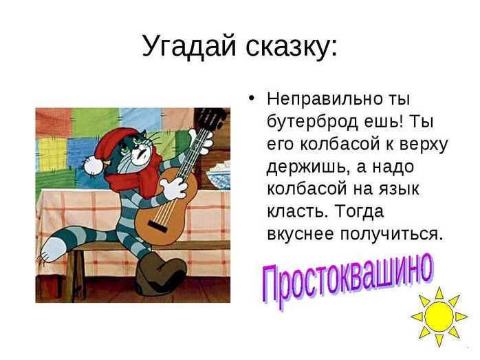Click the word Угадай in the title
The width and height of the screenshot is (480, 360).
pyautogui.click(x=189, y=46)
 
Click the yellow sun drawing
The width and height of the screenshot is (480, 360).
pyautogui.click(x=439, y=317)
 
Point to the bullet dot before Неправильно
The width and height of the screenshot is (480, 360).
pyautogui.click(x=251, y=98)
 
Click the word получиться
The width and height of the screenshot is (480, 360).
pyautogui.click(x=391, y=235)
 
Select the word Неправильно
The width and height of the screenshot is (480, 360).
pyautogui.click(x=325, y=99)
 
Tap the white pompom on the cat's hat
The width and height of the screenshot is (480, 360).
pyautogui.click(x=93, y=165)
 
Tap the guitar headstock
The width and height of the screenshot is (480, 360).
pyautogui.click(x=212, y=118)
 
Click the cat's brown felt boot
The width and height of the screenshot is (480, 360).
pyautogui.click(x=160, y=274)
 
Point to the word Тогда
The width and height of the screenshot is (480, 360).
pyautogui.click(x=359, y=211)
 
